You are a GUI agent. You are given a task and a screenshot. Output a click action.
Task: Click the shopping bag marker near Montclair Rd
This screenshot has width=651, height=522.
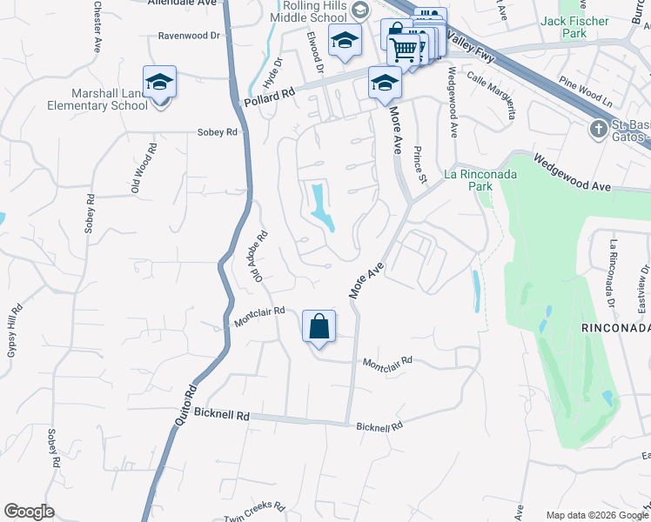point(319,327)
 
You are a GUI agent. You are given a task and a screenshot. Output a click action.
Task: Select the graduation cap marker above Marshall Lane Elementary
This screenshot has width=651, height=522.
point(160,83)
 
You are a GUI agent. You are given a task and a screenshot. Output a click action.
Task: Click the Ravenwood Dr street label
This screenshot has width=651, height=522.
point(190,37)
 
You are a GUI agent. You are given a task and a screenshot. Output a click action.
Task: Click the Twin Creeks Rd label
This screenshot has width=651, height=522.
point(254,512)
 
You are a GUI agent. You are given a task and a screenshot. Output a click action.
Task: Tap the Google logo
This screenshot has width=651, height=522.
point(29,512)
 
